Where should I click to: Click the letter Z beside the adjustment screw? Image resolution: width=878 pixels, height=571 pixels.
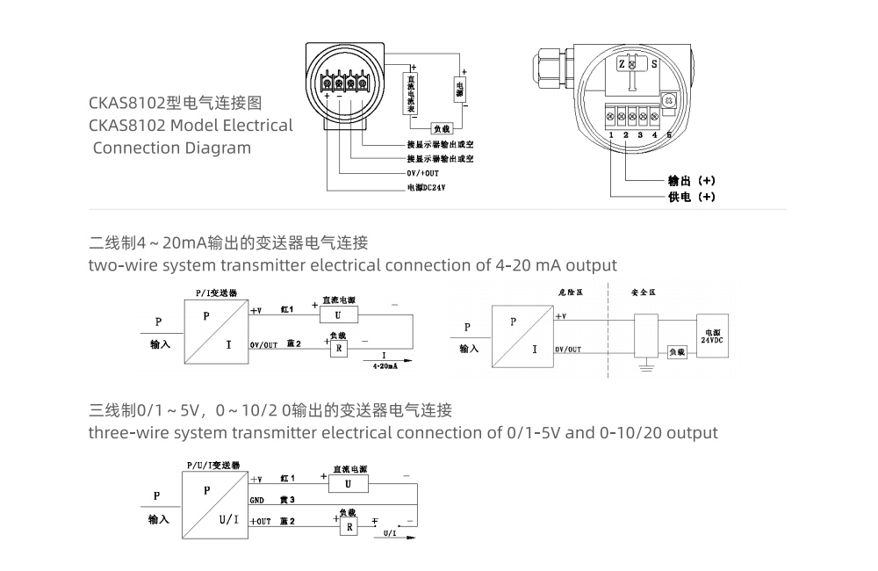click(x=621, y=65)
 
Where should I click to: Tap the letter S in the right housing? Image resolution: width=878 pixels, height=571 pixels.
click(x=653, y=65)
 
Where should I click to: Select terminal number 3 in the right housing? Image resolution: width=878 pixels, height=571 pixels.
click(x=640, y=134)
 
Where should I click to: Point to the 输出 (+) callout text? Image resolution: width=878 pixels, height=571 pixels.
click(x=692, y=181)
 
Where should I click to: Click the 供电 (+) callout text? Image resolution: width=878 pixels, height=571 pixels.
click(x=692, y=197)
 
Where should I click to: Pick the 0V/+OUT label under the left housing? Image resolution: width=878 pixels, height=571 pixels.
click(x=422, y=174)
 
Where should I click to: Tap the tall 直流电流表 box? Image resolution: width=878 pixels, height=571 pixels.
click(x=409, y=93)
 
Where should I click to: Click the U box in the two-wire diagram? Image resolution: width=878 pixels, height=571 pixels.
click(x=339, y=314)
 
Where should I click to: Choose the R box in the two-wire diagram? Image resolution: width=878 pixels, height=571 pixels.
click(x=338, y=349)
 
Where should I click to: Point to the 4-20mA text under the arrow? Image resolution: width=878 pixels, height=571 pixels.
click(x=385, y=364)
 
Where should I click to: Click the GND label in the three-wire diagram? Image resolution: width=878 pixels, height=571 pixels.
click(x=257, y=500)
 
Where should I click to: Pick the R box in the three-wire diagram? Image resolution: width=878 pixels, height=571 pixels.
click(x=349, y=526)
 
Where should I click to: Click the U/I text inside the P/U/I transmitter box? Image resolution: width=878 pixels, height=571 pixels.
click(x=228, y=519)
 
